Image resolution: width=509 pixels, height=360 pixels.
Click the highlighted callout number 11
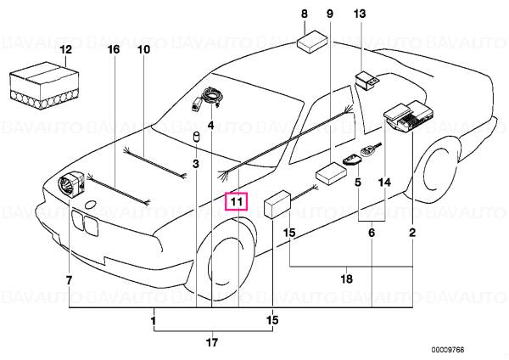coord(237,202)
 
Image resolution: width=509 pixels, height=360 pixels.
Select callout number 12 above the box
coord(65,50)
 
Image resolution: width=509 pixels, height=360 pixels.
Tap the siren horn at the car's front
coord(71,183)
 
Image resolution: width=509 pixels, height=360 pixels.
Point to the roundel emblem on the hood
coord(90,205)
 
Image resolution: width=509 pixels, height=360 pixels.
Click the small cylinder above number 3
coord(196,137)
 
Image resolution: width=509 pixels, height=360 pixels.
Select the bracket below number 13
coord(367,82)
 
